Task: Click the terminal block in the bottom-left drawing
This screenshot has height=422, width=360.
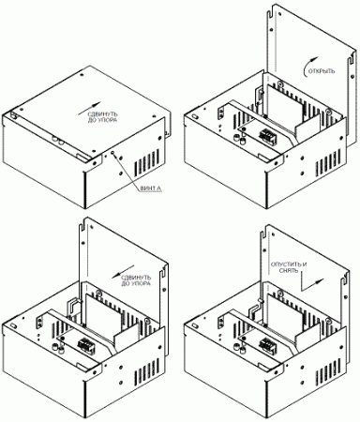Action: coord(86,343)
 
